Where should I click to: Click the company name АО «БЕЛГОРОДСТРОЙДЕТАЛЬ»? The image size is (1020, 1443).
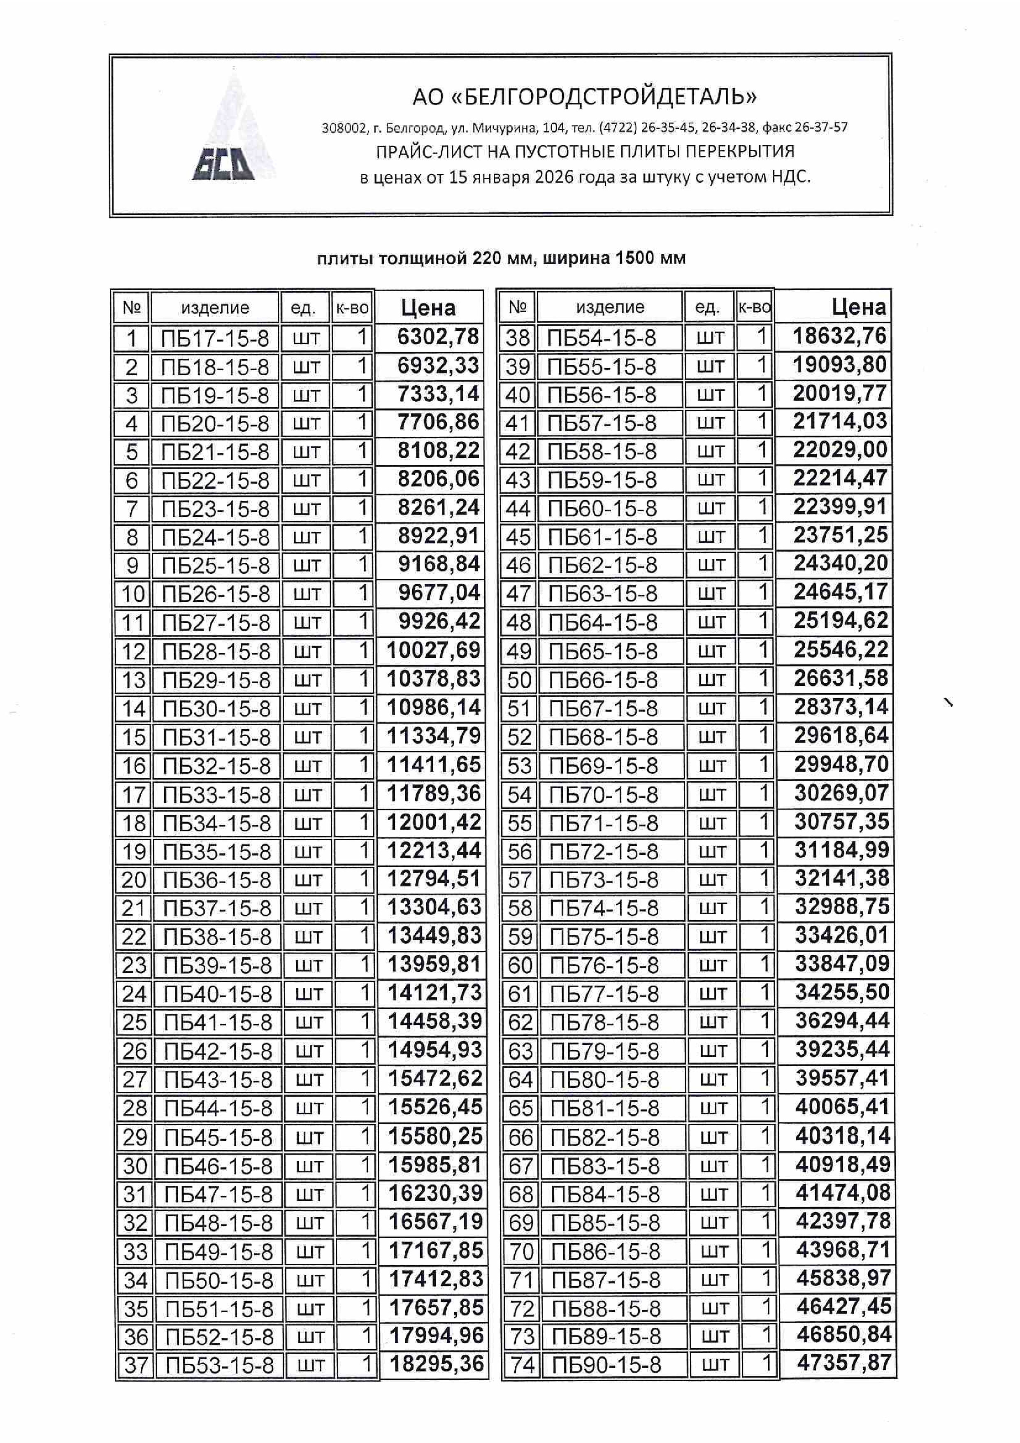[584, 97]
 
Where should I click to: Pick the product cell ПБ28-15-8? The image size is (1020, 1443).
[216, 652]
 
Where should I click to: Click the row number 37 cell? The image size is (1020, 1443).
[136, 1365]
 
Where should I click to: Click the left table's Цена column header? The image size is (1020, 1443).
[428, 308]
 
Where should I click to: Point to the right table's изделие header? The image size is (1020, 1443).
[610, 307]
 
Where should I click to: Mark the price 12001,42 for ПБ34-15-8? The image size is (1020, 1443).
[434, 822]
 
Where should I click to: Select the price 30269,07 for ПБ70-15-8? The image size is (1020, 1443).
[841, 793]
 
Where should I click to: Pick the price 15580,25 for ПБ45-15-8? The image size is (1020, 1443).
[435, 1136]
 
